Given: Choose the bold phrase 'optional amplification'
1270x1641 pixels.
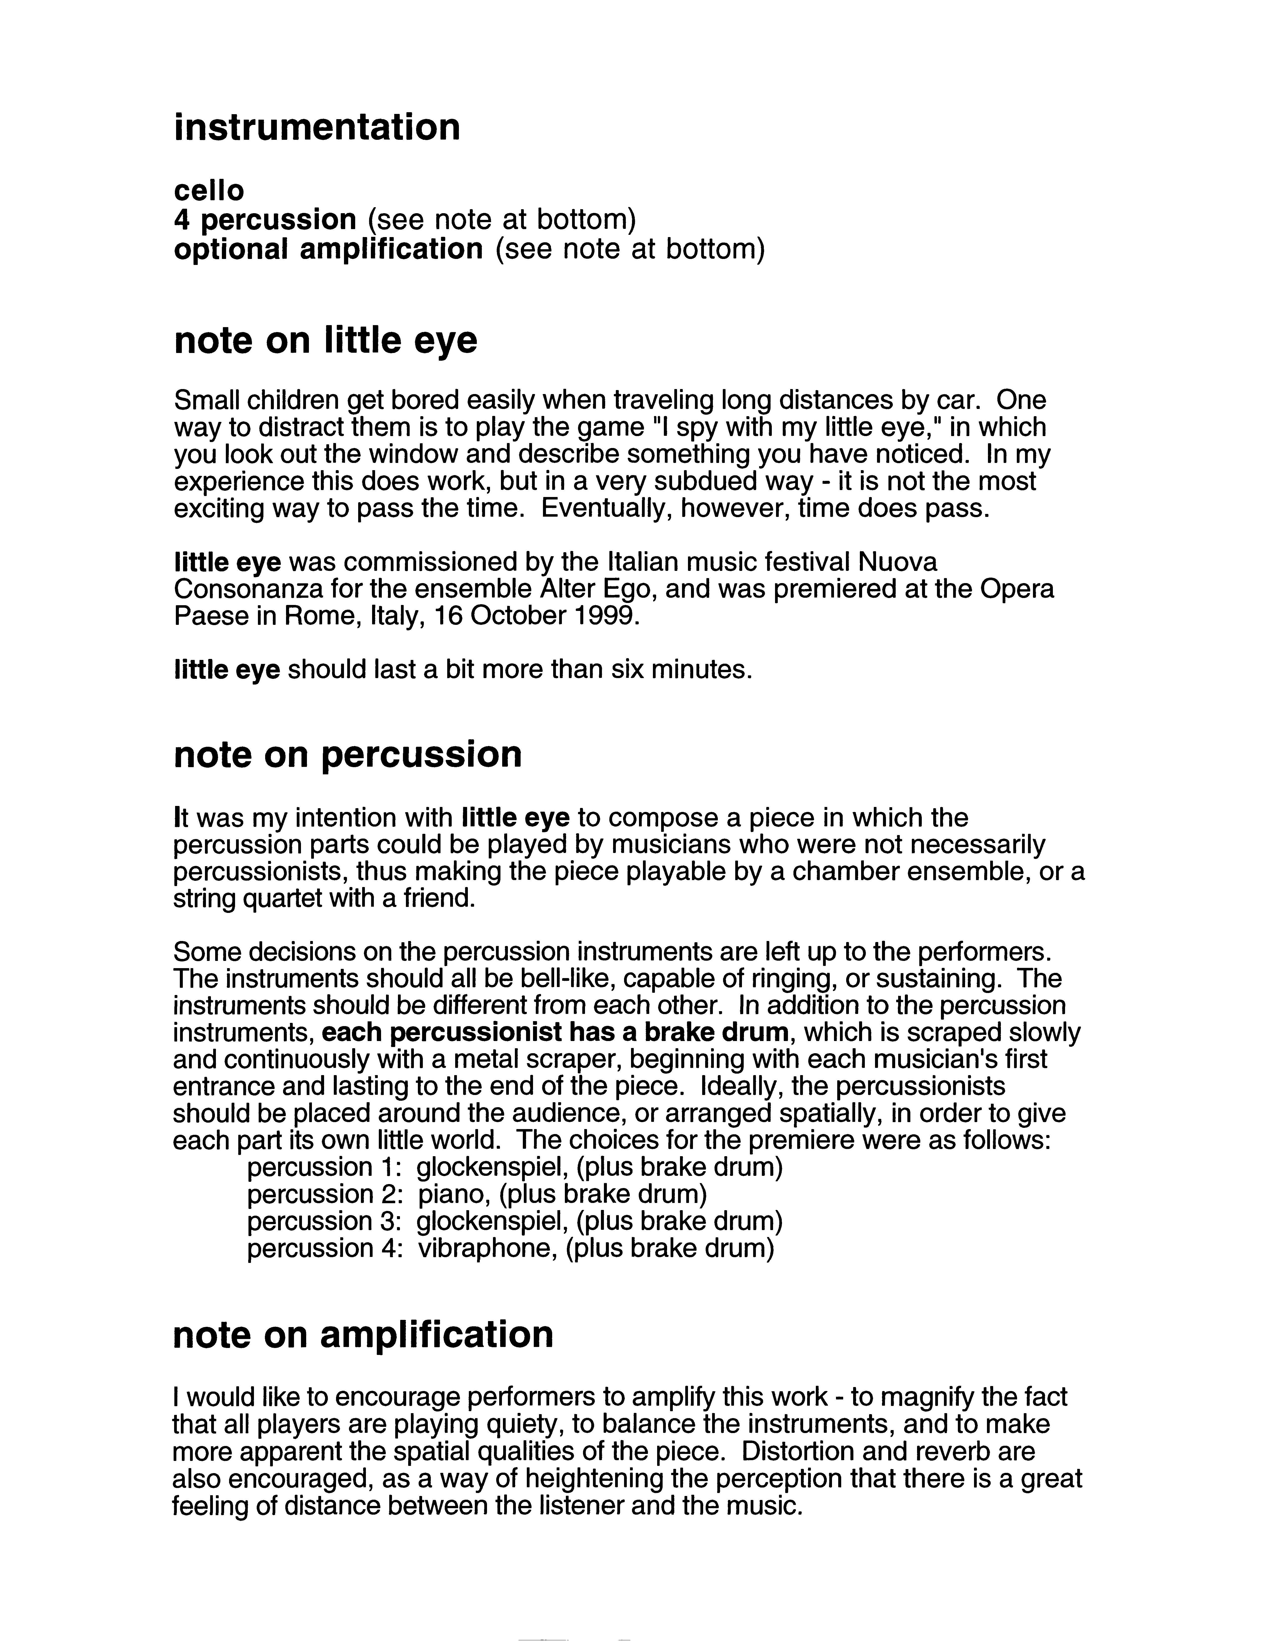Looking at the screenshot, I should tap(328, 249).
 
